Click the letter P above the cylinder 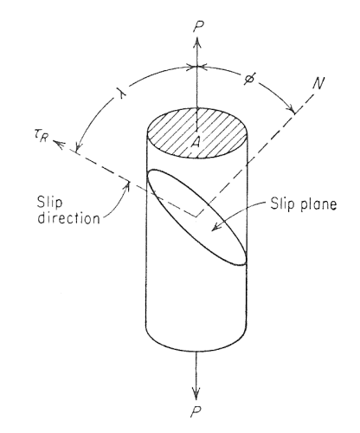[x=199, y=27]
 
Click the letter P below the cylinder [x=196, y=410]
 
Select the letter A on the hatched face [x=196, y=142]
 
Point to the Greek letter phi [x=249, y=78]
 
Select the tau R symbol [x=40, y=137]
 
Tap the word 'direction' [x=69, y=218]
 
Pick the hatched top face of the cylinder [x=197, y=133]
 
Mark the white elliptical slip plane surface [x=197, y=217]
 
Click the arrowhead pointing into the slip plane [x=216, y=227]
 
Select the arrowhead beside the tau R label [x=59, y=144]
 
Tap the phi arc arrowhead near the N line [x=290, y=108]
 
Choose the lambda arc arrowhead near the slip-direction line [x=79, y=145]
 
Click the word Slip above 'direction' [x=49, y=202]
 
